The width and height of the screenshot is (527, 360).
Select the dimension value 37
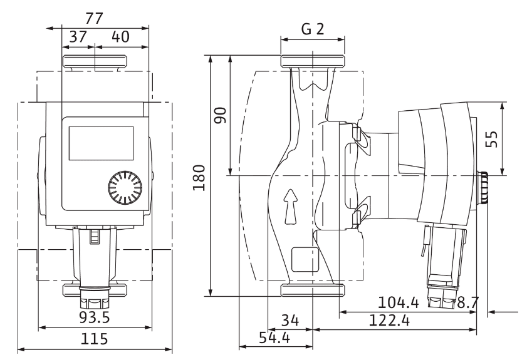[x=78, y=36]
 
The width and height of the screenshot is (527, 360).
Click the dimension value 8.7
[x=467, y=302]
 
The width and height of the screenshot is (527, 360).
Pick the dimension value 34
[x=289, y=321]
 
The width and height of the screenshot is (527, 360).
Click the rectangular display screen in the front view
[x=100, y=141]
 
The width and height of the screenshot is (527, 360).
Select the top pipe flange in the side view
[x=312, y=61]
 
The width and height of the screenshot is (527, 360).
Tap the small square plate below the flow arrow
[x=300, y=256]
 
